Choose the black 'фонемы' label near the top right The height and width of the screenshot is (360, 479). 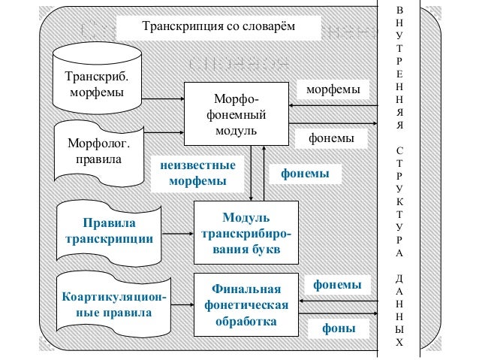pyautogui.click(x=333, y=139)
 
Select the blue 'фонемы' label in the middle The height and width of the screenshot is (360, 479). pyautogui.click(x=305, y=174)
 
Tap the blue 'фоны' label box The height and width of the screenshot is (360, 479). pyautogui.click(x=339, y=328)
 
